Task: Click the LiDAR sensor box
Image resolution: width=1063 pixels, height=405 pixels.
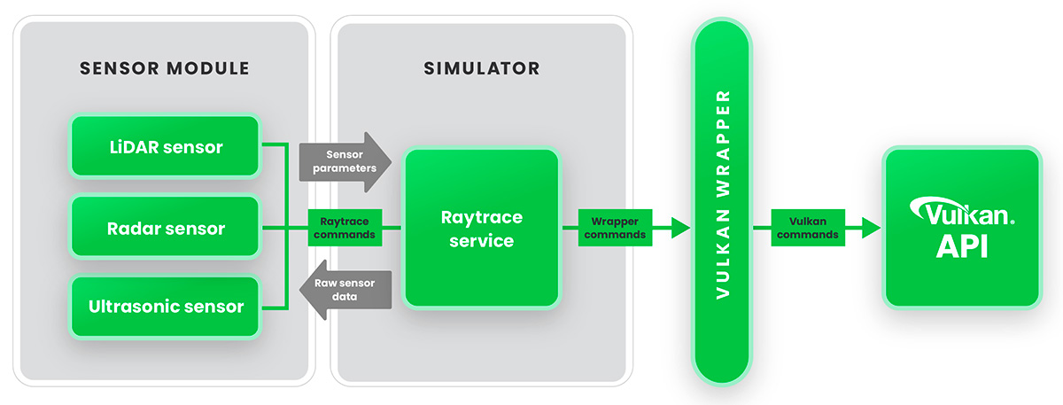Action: click(165, 147)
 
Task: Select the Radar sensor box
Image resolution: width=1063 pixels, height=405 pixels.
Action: click(165, 228)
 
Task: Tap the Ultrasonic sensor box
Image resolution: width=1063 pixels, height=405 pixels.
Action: click(165, 308)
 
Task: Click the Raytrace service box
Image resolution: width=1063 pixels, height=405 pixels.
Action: click(483, 229)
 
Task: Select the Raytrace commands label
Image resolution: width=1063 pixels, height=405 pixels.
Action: click(344, 228)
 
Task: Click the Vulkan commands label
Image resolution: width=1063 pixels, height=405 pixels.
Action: click(805, 228)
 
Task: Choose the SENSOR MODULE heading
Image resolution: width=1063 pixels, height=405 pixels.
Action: click(164, 68)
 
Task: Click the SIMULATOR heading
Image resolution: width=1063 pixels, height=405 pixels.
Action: click(481, 68)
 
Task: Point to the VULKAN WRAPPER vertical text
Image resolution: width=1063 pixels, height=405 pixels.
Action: click(724, 193)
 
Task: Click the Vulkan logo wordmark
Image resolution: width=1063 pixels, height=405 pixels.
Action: click(962, 214)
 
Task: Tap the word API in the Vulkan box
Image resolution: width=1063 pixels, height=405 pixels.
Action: click(962, 245)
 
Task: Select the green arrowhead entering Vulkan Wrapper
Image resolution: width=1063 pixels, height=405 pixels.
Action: click(679, 228)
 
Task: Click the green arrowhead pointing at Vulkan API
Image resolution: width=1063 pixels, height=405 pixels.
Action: click(871, 228)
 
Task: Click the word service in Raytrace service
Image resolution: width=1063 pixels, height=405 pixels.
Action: click(483, 240)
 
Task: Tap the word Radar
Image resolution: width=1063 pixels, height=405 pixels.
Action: click(132, 228)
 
